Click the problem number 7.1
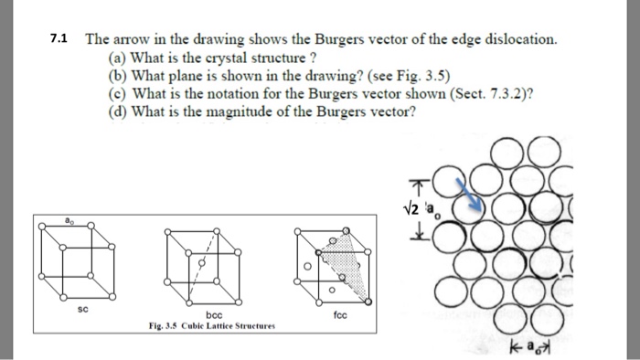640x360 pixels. click(x=59, y=40)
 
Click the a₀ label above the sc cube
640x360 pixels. click(x=69, y=221)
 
